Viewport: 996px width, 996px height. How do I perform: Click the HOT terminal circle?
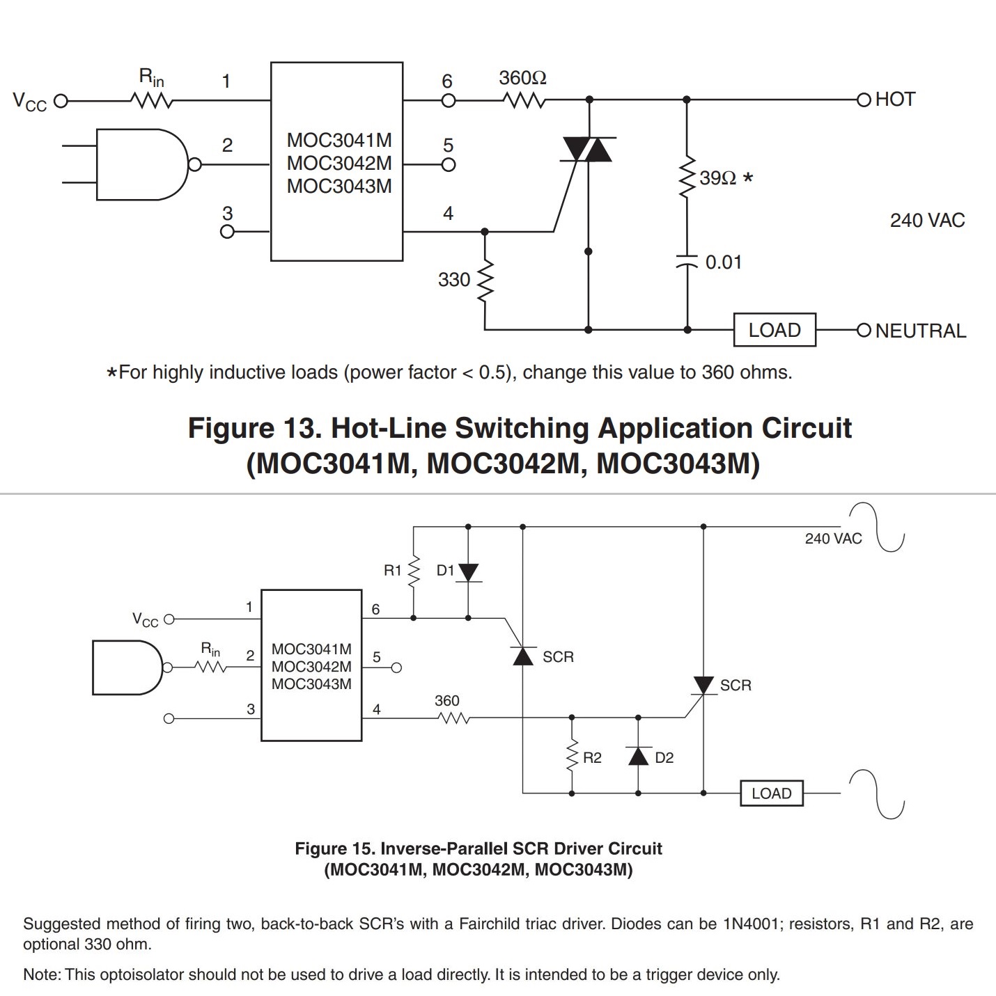[x=864, y=100]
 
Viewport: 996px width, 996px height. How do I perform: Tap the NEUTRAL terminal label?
[x=921, y=331]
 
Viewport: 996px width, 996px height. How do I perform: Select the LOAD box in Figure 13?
[x=775, y=330]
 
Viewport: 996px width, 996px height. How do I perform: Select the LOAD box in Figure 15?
[x=772, y=793]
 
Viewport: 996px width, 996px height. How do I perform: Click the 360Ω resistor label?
[x=522, y=78]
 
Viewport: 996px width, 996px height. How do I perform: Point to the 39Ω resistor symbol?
[x=687, y=177]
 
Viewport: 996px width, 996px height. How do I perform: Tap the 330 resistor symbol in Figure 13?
[x=485, y=280]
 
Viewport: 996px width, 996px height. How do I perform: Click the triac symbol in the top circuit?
[x=588, y=150]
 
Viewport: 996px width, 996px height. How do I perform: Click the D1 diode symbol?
[x=468, y=573]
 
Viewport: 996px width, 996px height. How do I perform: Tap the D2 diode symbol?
[x=638, y=756]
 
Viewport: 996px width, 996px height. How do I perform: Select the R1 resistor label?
[x=393, y=570]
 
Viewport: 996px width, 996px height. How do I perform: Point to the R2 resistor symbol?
[x=572, y=756]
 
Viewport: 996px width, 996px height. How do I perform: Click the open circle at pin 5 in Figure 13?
[x=449, y=165]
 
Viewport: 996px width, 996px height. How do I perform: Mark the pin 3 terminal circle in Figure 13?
[x=227, y=232]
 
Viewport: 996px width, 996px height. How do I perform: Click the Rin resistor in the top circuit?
[x=151, y=100]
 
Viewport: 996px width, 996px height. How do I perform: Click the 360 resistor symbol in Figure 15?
[x=453, y=718]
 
